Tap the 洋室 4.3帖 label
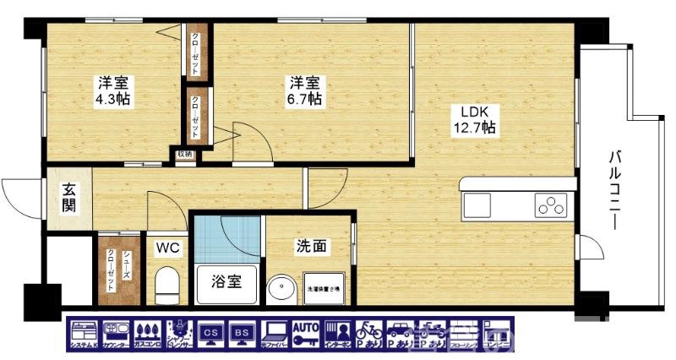coord(113,91)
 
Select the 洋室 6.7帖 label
coord(305,90)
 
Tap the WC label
coord(166,248)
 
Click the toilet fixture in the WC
coord(167,283)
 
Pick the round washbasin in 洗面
coord(281,289)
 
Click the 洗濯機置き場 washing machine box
coord(322,288)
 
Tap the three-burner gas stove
coord(550,205)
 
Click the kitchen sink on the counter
coord(477,205)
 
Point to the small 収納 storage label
coord(184,154)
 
